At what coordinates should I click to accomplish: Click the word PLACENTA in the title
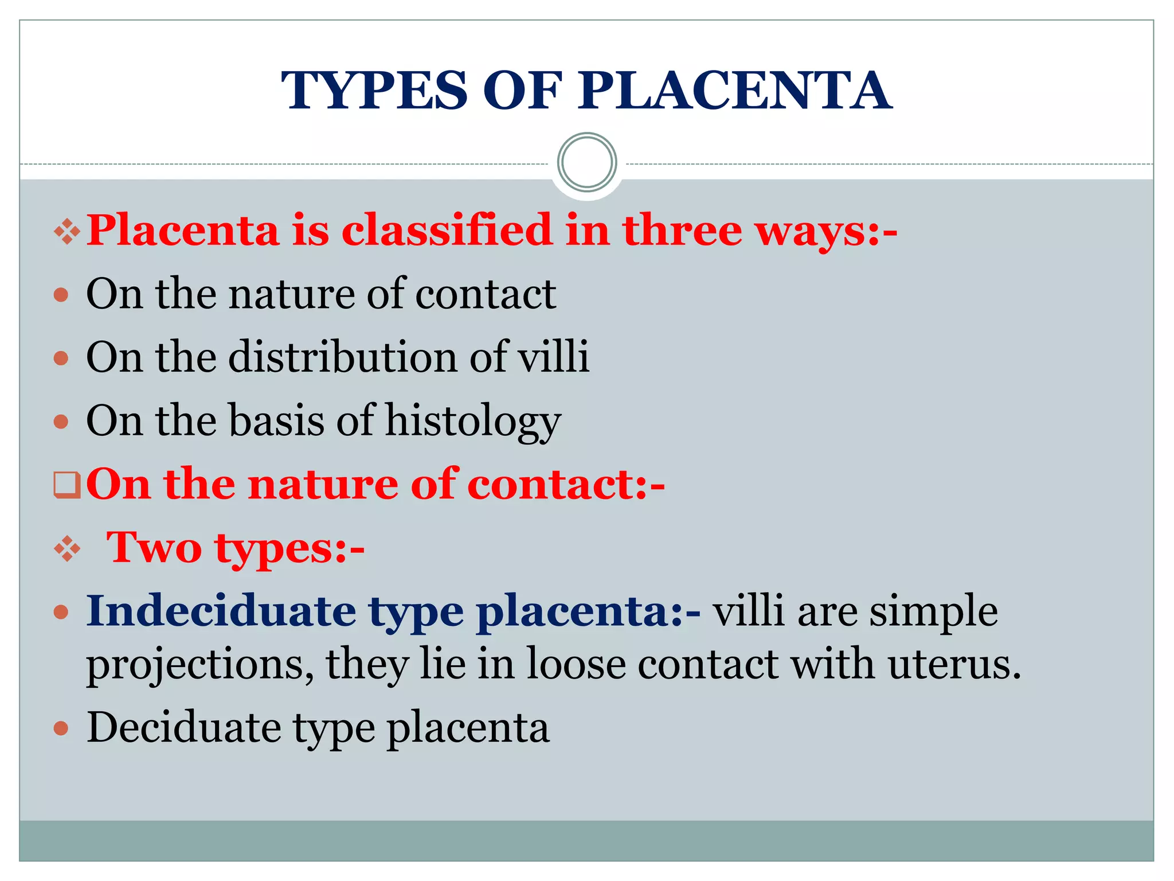click(734, 91)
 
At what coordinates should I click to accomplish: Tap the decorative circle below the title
click(586, 162)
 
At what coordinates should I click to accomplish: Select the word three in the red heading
click(682, 230)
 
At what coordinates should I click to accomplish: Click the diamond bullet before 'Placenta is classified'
click(67, 232)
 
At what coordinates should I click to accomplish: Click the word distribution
click(343, 357)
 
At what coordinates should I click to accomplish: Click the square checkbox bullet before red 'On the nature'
click(67, 485)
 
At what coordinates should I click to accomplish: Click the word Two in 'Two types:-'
click(154, 547)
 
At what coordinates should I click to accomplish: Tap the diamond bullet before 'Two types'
click(67, 549)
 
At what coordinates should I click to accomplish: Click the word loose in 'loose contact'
click(576, 664)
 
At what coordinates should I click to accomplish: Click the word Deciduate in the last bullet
click(183, 727)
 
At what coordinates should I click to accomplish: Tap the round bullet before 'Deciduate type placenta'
click(61, 729)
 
